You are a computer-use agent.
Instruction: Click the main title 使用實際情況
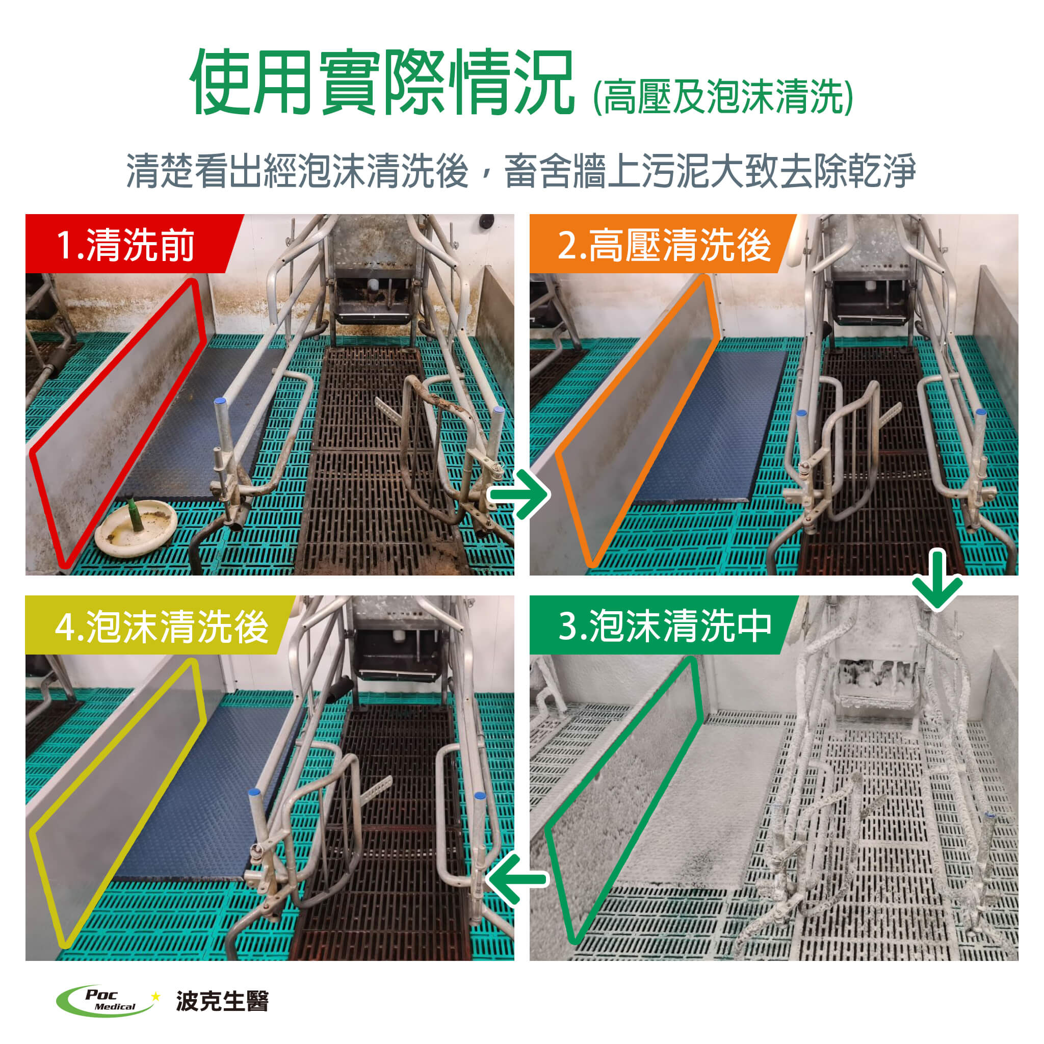point(381,83)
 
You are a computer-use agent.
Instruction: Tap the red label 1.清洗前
point(125,245)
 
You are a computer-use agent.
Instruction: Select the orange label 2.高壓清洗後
point(664,245)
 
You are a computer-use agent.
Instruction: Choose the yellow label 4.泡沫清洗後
point(162,627)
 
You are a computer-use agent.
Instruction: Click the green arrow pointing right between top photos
point(519,494)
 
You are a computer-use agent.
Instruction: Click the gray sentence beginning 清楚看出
point(521,170)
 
